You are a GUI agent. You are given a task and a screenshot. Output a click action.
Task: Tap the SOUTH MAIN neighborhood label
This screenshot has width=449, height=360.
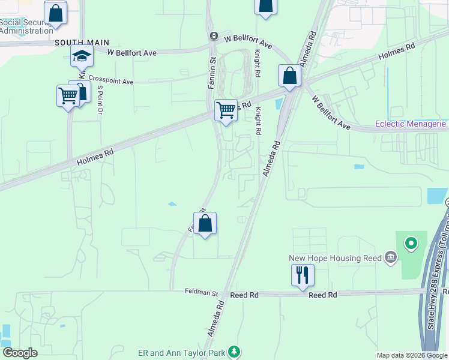pos(82,43)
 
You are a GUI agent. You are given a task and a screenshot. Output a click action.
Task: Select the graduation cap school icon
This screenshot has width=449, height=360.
pos(82,57)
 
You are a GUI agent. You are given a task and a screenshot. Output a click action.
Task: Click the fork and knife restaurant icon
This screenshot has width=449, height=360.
pos(302,275)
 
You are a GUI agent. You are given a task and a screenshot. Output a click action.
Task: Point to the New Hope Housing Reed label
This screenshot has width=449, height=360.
pos(335,258)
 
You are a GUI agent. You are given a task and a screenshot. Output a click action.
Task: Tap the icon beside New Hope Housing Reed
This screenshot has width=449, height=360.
pos(391,258)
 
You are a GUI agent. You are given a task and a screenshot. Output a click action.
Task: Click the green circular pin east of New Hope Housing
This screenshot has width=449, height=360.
pos(411,244)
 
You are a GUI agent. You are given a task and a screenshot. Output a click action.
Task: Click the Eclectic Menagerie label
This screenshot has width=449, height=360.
pos(411,124)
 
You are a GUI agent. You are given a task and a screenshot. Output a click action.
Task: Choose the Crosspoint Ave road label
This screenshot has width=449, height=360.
pos(111,80)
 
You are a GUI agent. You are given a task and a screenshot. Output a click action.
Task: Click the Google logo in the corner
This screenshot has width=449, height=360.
pos(20,353)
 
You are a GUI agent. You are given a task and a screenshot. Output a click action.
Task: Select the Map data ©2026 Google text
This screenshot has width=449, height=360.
pos(411,355)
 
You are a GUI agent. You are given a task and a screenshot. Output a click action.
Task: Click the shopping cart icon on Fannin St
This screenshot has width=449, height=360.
pos(226,110)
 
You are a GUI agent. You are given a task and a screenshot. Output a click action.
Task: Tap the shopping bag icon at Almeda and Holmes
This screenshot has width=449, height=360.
pos(289,76)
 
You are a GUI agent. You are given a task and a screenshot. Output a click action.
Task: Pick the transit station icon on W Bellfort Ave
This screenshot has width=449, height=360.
pos(213,36)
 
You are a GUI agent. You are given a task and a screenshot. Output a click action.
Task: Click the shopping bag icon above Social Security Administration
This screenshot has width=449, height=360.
pos(55,13)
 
